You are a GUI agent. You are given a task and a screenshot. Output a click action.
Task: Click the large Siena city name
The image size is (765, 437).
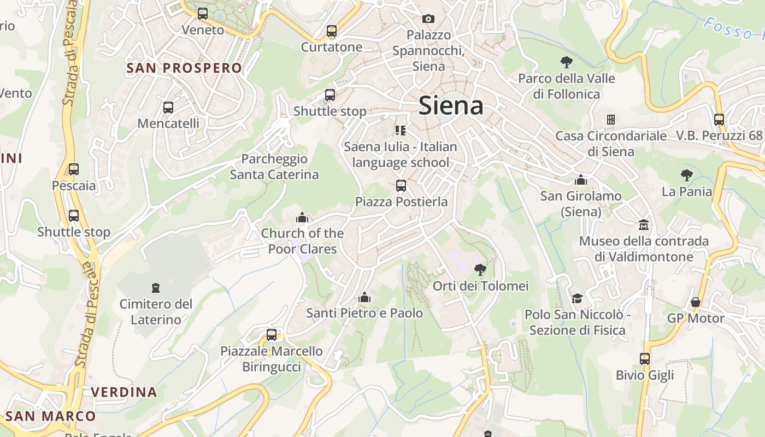[451, 105]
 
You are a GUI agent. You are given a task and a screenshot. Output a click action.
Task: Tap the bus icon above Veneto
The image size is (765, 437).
[203, 14]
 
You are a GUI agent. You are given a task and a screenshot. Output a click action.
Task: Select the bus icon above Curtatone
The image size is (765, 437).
[332, 31]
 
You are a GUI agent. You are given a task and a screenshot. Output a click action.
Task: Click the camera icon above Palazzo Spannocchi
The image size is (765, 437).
[428, 19]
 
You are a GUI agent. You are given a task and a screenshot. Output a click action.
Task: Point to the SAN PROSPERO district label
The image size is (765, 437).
[184, 68]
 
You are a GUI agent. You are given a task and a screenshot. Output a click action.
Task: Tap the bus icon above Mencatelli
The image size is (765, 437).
[168, 108]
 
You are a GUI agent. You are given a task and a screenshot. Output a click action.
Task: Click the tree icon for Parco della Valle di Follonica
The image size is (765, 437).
[567, 62]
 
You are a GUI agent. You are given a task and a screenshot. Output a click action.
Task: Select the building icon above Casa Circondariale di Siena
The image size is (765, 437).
[611, 120]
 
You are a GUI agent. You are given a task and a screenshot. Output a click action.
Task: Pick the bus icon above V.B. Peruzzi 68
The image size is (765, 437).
[719, 119]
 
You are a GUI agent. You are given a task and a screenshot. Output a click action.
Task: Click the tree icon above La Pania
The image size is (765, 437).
[687, 175]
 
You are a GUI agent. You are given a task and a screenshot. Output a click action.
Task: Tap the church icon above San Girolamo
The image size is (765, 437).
[581, 180]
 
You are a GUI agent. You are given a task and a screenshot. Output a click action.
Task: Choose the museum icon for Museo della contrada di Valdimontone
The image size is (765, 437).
[644, 225]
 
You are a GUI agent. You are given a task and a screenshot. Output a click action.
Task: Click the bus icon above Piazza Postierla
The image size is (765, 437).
[401, 186]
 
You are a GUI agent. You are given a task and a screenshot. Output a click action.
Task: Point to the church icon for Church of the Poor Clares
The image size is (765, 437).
[302, 218]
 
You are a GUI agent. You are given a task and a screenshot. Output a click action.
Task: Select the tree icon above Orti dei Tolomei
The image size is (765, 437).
[480, 269]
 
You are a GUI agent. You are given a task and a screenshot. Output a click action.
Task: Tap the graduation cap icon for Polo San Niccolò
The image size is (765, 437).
[577, 298]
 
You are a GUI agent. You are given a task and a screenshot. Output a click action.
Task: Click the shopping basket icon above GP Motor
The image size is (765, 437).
[696, 302]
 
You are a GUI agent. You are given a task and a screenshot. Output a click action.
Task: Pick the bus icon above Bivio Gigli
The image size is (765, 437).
[645, 359]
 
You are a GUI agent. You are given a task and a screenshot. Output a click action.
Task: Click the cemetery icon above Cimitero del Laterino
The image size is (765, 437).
[156, 287]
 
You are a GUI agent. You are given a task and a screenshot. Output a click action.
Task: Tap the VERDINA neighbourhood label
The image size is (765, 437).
[124, 392]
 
